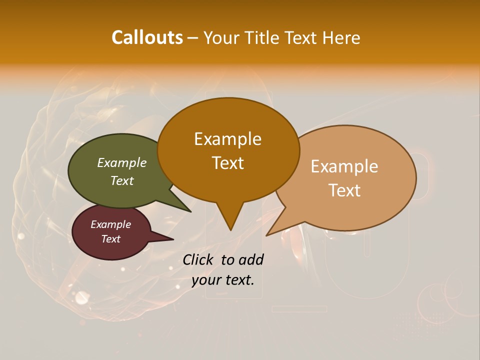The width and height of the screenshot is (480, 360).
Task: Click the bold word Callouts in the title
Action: [x=147, y=37]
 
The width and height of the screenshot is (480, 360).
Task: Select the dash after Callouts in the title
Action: [x=193, y=38]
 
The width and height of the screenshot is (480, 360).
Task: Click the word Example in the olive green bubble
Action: [x=121, y=162]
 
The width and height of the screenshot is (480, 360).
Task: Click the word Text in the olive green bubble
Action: [x=121, y=180]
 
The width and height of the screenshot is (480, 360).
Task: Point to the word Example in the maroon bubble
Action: [x=110, y=224]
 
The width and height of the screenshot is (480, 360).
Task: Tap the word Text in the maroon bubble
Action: [x=110, y=239]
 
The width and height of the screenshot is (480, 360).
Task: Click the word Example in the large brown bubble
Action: [x=227, y=139]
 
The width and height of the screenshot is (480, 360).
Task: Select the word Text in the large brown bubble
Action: [x=227, y=162]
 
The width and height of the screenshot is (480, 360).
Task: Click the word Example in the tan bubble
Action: [x=344, y=166]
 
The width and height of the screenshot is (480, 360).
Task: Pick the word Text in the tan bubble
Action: [x=344, y=190]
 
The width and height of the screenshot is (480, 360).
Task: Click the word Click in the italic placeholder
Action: [x=199, y=259]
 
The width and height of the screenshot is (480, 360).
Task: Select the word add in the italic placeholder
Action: [x=250, y=259]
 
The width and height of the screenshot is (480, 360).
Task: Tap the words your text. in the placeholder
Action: [x=222, y=280]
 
